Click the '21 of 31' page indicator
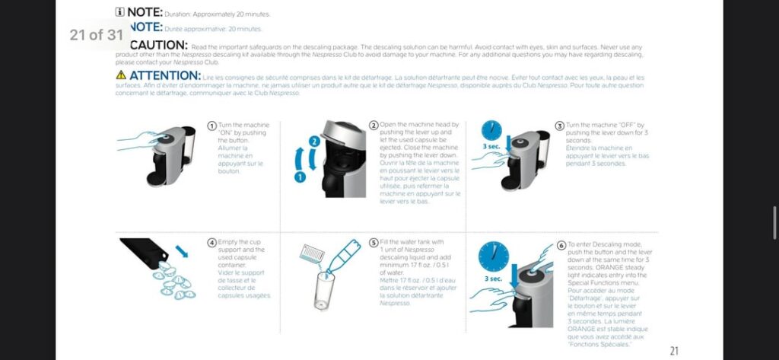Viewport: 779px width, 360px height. point(96,35)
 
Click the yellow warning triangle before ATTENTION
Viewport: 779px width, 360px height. point(121,75)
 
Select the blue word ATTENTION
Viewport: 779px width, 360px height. point(164,75)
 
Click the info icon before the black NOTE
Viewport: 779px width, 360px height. point(120,12)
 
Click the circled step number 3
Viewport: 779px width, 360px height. point(560,126)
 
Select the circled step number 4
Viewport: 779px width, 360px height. point(212,243)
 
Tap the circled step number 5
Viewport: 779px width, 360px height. point(374,243)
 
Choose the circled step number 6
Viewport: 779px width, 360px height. point(561,245)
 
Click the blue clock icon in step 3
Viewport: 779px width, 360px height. point(491,129)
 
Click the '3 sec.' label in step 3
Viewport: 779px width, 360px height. point(491,146)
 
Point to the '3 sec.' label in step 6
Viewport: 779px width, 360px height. point(493,279)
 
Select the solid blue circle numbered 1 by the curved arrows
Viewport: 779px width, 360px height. point(300,177)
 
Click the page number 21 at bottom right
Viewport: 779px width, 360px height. point(673,351)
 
